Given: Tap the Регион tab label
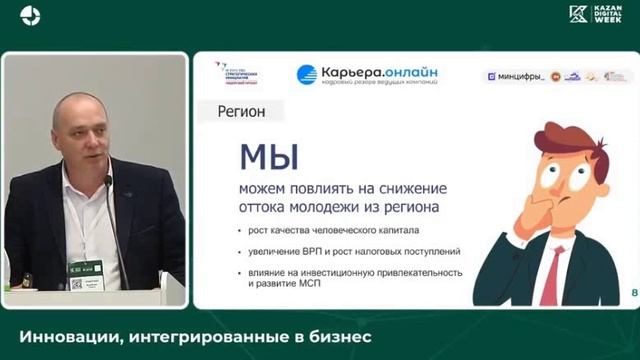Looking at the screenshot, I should pos(241,112).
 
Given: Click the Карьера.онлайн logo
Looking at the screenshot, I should pos(368,75).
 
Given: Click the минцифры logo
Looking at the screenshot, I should pos(517,76).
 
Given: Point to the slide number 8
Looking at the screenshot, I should pos(633,292).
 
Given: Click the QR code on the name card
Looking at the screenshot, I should pos(77,284).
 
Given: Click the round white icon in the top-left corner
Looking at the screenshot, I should pos(30,16).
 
